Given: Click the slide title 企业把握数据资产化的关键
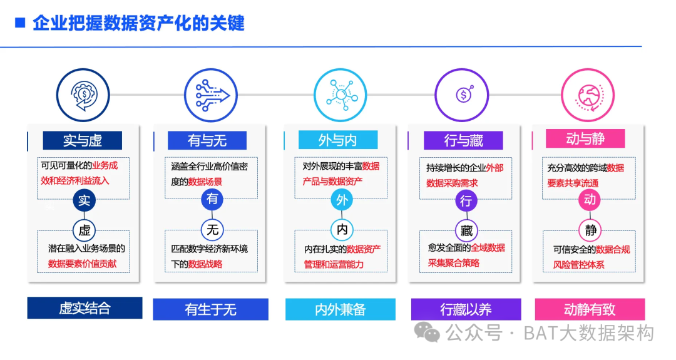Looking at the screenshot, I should point(138,24).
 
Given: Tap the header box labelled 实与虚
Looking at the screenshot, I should point(83,140).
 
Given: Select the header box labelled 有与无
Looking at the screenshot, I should point(207,140).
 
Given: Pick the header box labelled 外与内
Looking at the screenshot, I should point(337,140).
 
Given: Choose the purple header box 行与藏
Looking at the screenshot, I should point(464,140).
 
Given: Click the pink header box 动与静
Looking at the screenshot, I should point(585,138).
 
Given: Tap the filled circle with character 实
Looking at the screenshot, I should point(84,200).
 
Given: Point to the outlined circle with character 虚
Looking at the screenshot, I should point(84,229).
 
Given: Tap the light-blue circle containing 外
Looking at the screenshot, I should point(342,200).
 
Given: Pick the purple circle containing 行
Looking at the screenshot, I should point(466,201).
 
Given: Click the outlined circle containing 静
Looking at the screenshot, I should point(591,230).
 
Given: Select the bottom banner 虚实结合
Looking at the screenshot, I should point(84,308).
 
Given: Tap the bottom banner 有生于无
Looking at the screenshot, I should point(210,309).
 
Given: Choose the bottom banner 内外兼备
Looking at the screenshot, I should point(341,309).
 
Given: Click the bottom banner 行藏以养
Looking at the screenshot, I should point(466,309).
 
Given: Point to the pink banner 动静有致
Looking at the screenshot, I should point(590,309).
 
